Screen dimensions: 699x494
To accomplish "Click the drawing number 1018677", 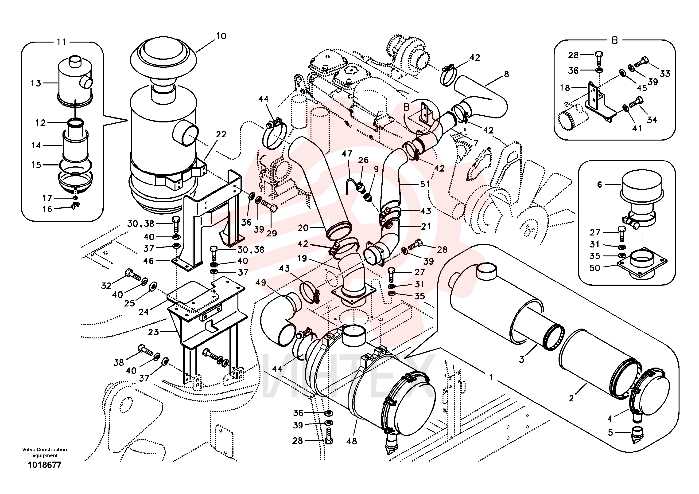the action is click(x=44, y=465).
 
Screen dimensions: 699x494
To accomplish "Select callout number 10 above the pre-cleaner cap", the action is click(x=221, y=36).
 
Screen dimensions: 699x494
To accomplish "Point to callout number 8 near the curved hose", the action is click(x=506, y=74).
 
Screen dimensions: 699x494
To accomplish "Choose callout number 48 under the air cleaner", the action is click(x=352, y=441).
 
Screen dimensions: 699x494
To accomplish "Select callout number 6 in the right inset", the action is click(x=599, y=184).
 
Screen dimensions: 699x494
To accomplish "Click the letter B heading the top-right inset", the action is click(x=615, y=40).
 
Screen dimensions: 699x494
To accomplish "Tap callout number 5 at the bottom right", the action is click(x=610, y=433).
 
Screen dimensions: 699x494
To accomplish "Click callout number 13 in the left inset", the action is click(x=36, y=83).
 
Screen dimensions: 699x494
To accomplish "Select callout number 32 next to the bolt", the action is click(x=106, y=286).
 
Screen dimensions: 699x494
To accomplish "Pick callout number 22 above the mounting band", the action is click(x=221, y=134).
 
